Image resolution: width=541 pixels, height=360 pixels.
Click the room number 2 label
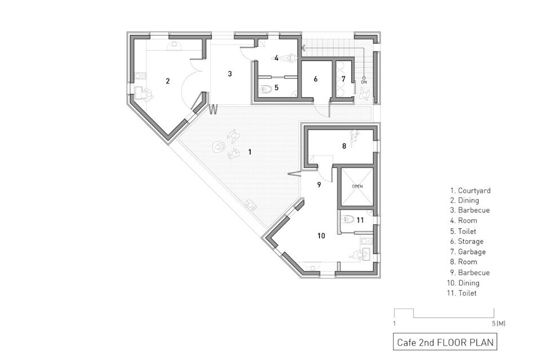pos(168,81)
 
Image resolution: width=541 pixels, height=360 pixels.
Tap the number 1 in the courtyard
pos(250,152)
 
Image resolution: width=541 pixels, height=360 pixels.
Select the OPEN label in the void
pos(357,186)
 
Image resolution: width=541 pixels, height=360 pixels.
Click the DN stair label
pos(364,82)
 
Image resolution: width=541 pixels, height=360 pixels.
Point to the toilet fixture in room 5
pos(265,90)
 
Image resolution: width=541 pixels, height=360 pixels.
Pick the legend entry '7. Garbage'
pos(468,252)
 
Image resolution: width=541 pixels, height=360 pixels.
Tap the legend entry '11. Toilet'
pos(462,293)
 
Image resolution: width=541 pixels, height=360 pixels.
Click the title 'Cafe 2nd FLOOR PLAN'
pos(445,342)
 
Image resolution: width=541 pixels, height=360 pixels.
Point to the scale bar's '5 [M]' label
pos(499,323)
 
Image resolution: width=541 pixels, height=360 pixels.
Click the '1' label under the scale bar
pos(394,323)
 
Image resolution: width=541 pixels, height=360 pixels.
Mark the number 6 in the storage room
pos(316,79)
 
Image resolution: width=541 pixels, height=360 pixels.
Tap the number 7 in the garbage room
pos(343,79)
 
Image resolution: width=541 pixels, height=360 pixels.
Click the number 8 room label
pos(344,146)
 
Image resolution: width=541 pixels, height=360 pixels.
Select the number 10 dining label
pos(321,236)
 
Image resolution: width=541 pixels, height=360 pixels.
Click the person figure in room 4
pos(289,58)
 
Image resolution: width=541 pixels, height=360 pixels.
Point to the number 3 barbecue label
pos(230,74)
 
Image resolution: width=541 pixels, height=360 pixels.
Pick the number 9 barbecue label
pos(319,185)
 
